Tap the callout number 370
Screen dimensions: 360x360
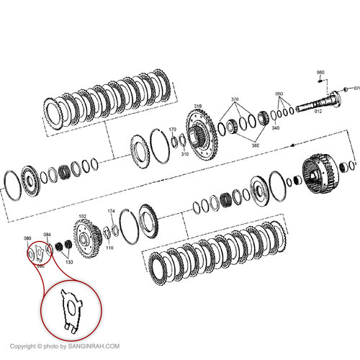[234, 99]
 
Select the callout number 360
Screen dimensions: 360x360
[255, 145]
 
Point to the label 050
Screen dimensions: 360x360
[279, 94]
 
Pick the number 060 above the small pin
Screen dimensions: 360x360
[320, 73]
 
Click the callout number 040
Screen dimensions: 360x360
[275, 127]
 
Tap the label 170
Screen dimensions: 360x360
[172, 130]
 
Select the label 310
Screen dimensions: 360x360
[184, 153]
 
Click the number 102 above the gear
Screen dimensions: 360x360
[82, 216]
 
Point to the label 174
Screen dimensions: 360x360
[111, 211]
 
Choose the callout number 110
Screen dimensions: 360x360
[109, 247]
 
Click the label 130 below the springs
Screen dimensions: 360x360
[69, 262]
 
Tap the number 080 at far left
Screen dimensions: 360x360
[27, 238]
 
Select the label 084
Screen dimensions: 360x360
[47, 234]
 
